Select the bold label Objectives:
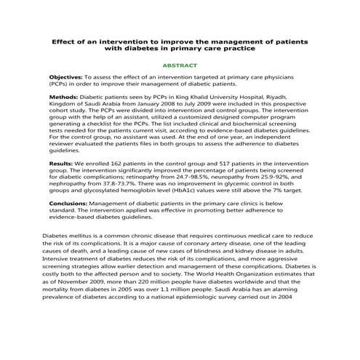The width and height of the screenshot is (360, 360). (65, 77)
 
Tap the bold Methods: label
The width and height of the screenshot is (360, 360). (63, 97)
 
